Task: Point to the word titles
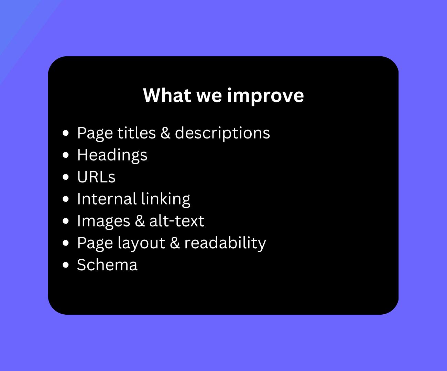(137, 133)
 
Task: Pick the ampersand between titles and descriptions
(165, 133)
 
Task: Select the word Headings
(112, 155)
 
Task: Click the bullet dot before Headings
(66, 155)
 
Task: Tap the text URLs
(96, 177)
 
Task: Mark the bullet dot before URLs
(66, 177)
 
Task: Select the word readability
(225, 243)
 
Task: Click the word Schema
(107, 265)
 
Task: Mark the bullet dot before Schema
(66, 265)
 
